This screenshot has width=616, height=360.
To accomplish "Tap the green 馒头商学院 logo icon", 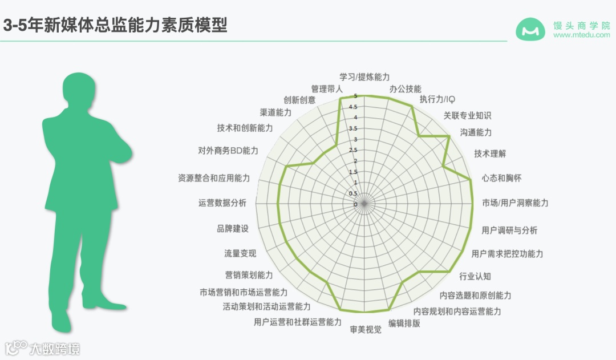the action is [530, 30].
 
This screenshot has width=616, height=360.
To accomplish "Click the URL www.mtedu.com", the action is [581, 35].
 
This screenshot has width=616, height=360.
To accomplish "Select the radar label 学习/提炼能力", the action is [364, 76].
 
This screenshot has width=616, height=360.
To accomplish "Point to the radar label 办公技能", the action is [405, 89].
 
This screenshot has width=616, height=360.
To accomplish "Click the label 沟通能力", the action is [476, 132].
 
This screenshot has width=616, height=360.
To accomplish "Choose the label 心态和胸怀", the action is [501, 178].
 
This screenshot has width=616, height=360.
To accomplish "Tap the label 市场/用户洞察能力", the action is [515, 203].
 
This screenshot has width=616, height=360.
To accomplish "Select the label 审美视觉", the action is [366, 329].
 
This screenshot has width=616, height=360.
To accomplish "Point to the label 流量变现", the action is [240, 253].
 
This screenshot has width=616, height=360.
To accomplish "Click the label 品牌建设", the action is [233, 228].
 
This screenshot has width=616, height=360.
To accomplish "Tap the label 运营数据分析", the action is [222, 203].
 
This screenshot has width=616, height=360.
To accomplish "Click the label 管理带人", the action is [327, 89].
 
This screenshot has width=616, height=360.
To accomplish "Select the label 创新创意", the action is [299, 99].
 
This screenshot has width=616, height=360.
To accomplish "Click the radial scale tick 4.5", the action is [354, 107].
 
